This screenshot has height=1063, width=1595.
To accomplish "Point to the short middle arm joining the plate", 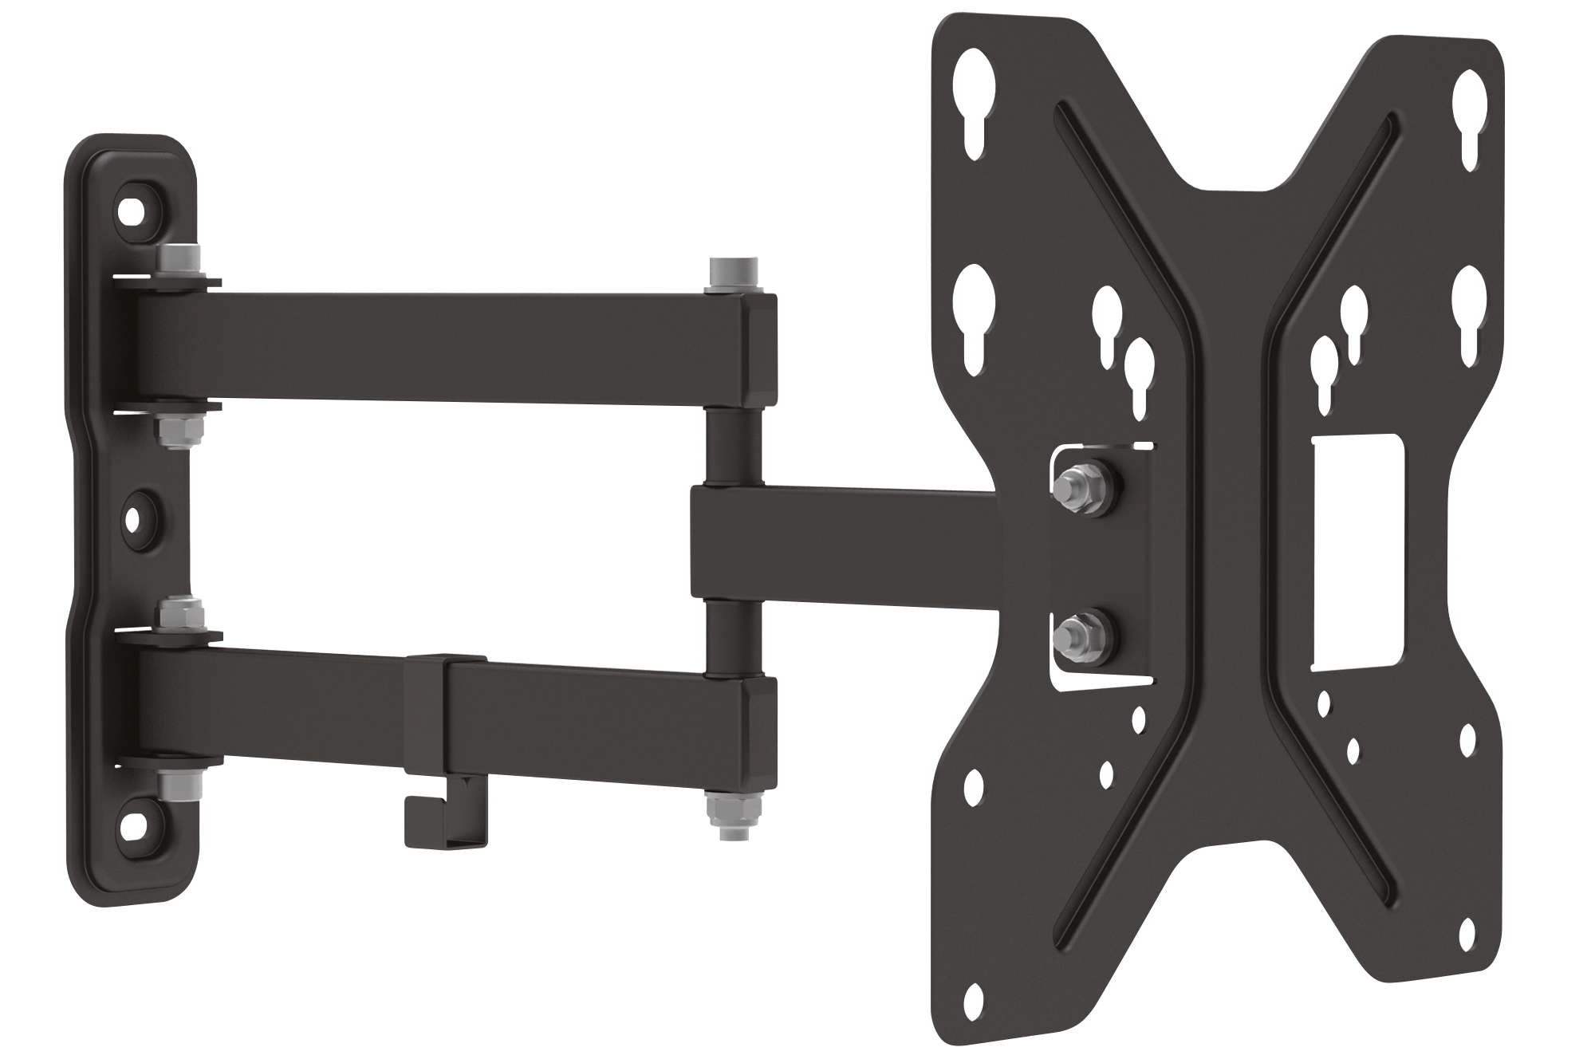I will tap(845, 542).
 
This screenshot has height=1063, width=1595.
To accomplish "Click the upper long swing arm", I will tap(447, 347).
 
